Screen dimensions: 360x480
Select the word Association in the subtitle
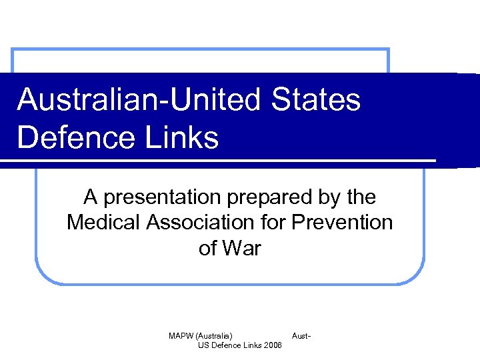(x=200, y=223)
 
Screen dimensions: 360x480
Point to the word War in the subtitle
(x=242, y=248)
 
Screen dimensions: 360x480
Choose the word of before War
(x=208, y=248)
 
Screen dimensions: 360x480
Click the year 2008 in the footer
(x=273, y=345)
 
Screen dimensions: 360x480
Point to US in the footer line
(x=203, y=345)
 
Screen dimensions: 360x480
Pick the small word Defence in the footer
(x=226, y=345)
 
